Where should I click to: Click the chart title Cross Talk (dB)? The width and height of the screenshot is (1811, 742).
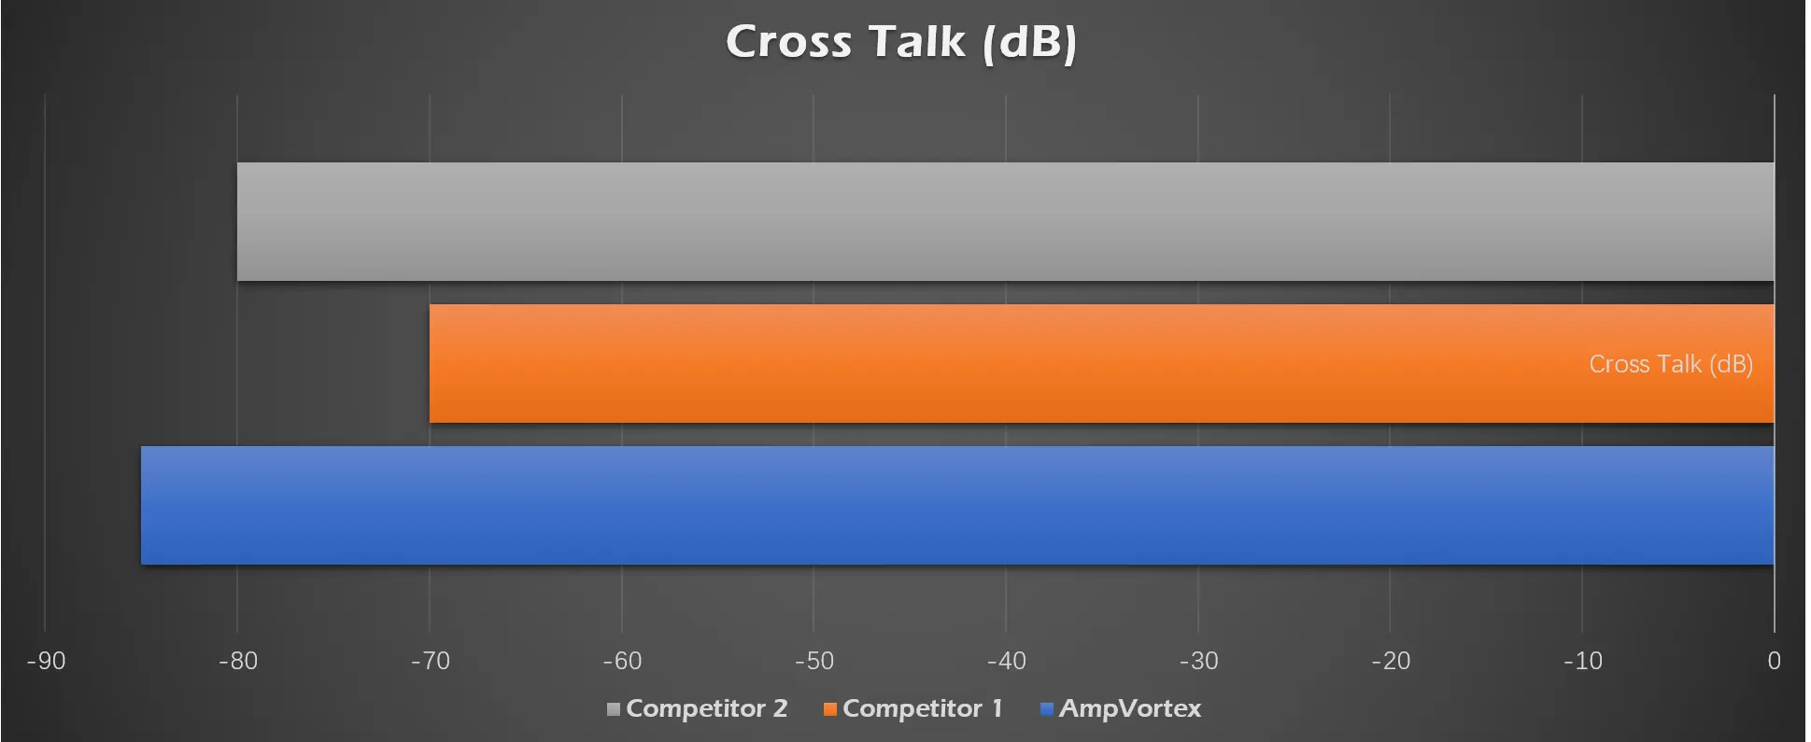(901, 42)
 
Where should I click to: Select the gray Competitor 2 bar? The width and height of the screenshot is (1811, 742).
(1005, 221)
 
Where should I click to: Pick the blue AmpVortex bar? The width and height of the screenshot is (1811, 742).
(957, 505)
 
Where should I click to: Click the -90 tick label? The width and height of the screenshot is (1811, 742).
(46, 661)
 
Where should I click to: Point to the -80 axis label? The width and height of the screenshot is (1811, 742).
(237, 661)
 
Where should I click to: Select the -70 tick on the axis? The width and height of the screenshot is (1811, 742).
(430, 661)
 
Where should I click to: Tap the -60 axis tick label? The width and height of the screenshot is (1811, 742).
(622, 661)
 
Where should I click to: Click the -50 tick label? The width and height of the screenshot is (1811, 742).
(814, 661)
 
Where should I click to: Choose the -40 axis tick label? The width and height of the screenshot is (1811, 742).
(1006, 661)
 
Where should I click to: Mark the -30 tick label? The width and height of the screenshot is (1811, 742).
(1198, 661)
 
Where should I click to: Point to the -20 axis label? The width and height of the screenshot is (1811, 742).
(1390, 661)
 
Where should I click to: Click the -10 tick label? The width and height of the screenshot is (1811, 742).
(1582, 661)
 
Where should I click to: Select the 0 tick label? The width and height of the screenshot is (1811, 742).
(1774, 661)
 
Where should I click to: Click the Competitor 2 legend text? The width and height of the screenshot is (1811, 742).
(706, 708)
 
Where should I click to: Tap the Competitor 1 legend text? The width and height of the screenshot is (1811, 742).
(922, 708)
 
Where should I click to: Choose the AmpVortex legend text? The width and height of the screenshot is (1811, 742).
(1129, 708)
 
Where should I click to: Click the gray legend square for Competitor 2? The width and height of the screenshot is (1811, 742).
(614, 709)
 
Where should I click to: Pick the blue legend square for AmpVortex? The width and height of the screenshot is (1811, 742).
(1047, 709)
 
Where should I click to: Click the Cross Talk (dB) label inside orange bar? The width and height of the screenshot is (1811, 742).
(1670, 364)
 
